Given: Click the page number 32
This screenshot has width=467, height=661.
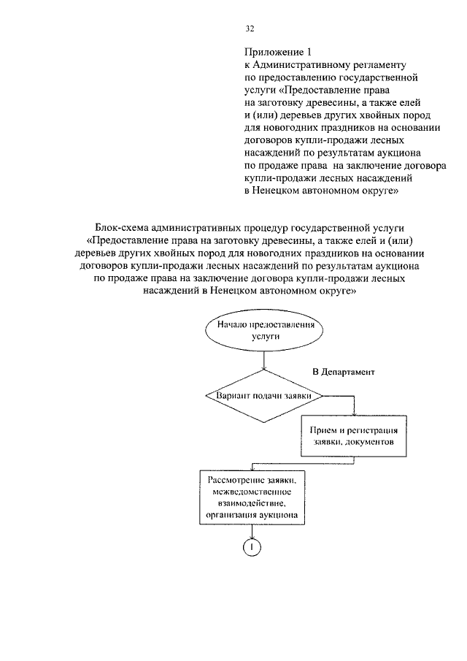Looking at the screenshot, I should (x=250, y=28).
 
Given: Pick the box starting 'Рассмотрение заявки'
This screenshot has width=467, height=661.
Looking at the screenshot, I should (x=251, y=497).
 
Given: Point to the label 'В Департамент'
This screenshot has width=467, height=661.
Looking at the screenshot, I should (x=343, y=372).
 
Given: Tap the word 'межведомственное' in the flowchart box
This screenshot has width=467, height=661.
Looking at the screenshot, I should (x=250, y=491).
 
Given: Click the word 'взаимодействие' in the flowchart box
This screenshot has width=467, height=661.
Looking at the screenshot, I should (x=250, y=503).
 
